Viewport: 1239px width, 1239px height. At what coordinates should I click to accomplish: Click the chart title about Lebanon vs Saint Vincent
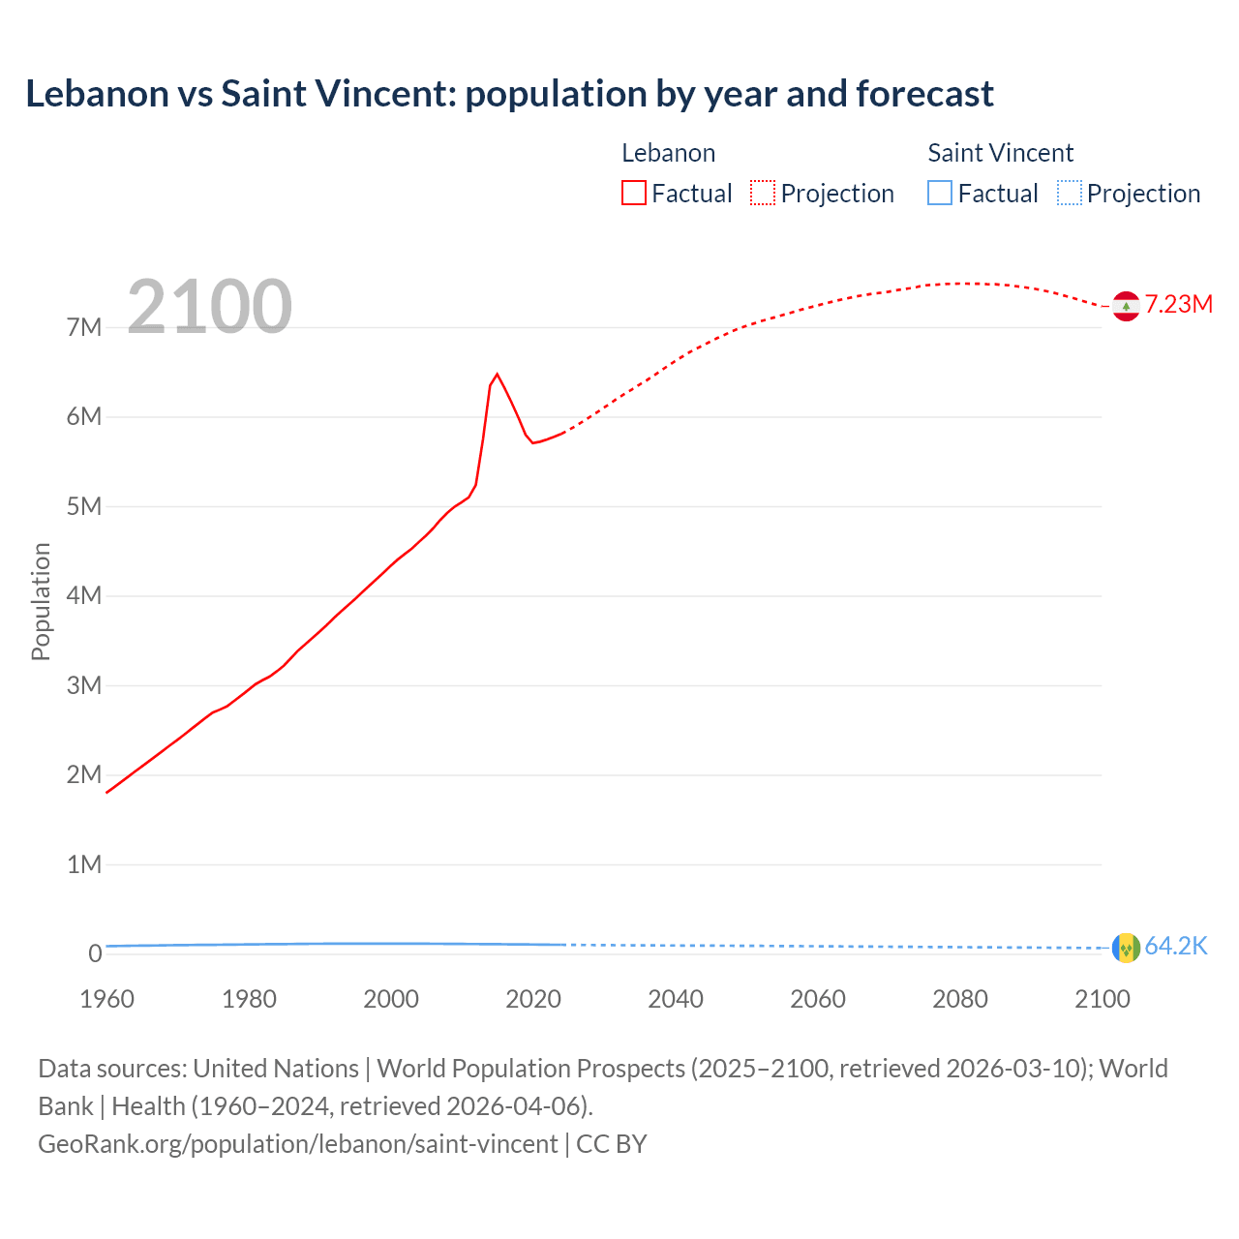click(509, 94)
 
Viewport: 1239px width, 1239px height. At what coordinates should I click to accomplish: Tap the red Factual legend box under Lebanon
click(633, 193)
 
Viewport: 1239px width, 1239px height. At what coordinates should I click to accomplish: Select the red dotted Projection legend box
click(763, 193)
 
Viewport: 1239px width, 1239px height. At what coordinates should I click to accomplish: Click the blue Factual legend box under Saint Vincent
click(940, 193)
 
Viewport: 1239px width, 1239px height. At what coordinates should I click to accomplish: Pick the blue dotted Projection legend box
click(1069, 193)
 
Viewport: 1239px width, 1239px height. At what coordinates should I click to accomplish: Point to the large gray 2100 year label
click(209, 307)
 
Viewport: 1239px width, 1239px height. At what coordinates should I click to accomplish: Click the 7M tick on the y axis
click(84, 327)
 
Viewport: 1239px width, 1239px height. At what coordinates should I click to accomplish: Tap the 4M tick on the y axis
click(84, 595)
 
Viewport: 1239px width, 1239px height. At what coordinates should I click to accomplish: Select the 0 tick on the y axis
click(95, 953)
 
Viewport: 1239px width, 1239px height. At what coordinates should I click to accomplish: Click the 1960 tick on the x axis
click(106, 999)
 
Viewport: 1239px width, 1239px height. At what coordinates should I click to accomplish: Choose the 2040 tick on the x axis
click(676, 999)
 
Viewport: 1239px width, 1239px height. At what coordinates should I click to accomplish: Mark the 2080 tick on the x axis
click(960, 999)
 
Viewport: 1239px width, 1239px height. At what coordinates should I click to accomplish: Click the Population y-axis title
click(41, 601)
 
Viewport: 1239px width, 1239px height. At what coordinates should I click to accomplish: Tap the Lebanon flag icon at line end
click(1126, 306)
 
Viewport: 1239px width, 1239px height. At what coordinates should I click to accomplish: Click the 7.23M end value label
click(1179, 304)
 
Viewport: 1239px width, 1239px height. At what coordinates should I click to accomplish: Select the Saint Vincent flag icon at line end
click(1126, 948)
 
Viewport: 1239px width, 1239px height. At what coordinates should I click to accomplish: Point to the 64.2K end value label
click(1176, 946)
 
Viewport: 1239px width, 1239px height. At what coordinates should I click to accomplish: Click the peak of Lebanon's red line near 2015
click(497, 374)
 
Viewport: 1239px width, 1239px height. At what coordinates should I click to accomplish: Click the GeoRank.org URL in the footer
click(298, 1143)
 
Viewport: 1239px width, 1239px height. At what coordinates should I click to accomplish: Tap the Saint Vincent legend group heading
click(1000, 153)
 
